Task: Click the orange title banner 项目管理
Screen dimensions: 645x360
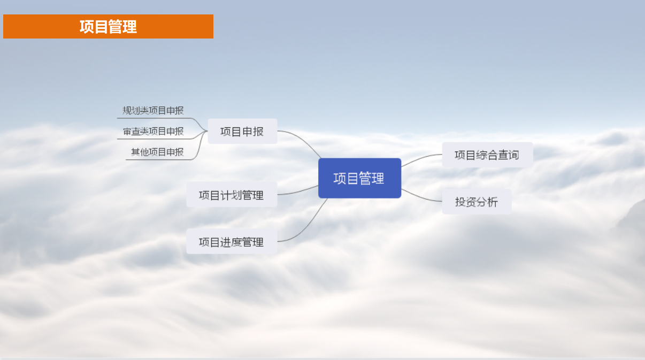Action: (108, 27)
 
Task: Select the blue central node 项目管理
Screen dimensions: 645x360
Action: (359, 178)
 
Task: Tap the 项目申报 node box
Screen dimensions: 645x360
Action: (242, 132)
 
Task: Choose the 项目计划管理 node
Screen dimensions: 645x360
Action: (232, 195)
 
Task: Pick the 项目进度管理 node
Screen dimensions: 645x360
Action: (232, 241)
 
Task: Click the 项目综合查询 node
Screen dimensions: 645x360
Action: (487, 155)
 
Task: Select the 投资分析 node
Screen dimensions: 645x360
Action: (477, 202)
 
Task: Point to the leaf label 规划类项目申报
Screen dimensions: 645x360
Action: (153, 110)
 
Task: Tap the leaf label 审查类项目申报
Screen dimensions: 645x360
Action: (153, 132)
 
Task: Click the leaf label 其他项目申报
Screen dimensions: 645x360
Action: (157, 152)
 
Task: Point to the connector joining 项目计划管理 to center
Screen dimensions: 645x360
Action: (298, 191)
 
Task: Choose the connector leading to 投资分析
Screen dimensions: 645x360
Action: (421, 197)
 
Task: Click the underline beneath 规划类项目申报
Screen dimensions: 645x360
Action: (155, 118)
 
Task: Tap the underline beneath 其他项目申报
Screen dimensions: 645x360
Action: (159, 159)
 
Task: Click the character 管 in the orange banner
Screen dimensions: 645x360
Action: (115, 27)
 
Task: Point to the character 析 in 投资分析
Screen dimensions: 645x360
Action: (493, 202)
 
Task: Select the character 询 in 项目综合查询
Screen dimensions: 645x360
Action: (513, 155)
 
